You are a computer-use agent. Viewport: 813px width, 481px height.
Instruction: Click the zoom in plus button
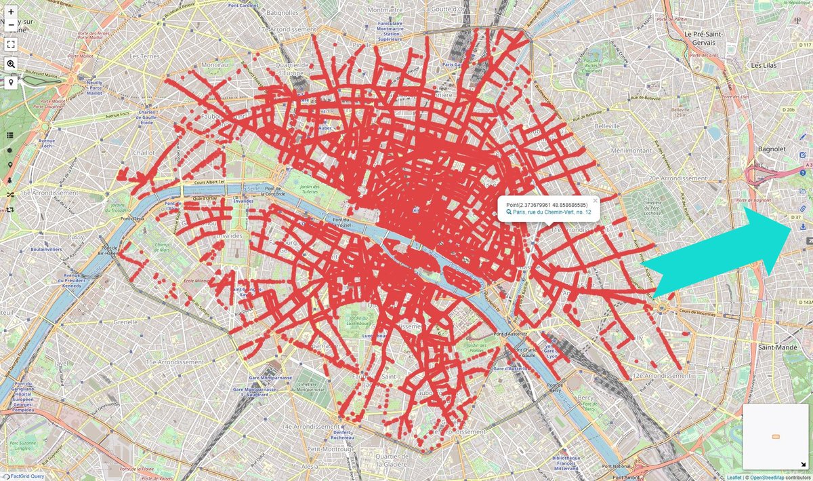11,12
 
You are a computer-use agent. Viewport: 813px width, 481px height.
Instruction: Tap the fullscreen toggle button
11,44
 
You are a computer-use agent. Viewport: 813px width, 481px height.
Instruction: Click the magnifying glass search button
11,64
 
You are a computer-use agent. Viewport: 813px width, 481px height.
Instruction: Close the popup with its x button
596,201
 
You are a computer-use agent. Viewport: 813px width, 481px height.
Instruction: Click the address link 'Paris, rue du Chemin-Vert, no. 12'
552,212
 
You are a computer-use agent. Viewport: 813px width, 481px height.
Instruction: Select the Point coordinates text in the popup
547,204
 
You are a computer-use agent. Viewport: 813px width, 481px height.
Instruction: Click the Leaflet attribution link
734,477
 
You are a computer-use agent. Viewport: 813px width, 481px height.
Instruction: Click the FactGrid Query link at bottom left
26,476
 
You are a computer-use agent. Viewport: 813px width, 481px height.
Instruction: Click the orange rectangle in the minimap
776,436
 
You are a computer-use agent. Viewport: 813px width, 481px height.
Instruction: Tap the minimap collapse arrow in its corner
803,464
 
